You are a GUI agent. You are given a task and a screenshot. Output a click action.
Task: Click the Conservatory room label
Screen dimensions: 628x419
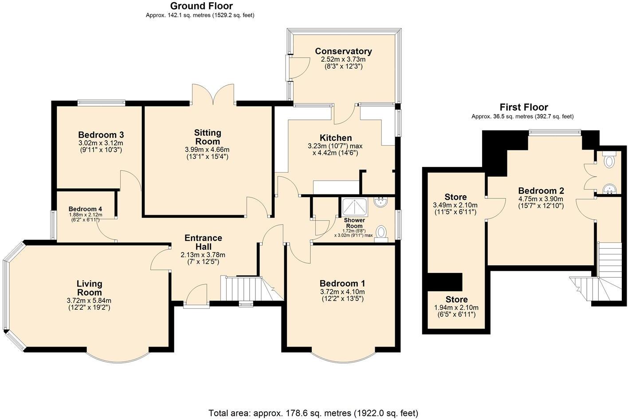coord(343,51)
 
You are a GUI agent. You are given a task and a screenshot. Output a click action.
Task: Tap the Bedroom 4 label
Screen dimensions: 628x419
coord(85,209)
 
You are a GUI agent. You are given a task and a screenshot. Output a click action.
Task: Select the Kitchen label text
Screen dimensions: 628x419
coord(336,138)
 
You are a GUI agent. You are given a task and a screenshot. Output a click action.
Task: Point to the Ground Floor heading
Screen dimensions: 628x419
coord(201,6)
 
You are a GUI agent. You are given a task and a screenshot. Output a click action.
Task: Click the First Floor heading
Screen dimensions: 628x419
coord(524,107)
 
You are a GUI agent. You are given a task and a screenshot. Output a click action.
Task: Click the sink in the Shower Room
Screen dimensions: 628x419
coord(381,202)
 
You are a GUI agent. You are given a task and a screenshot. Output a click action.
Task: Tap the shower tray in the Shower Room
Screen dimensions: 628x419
coord(354,207)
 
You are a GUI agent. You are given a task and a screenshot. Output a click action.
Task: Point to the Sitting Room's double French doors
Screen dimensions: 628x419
coord(213,94)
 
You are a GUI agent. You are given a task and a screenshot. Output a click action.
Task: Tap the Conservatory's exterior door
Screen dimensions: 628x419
coord(298,68)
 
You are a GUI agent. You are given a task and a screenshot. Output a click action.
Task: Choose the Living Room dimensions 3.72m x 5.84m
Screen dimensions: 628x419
coord(89,300)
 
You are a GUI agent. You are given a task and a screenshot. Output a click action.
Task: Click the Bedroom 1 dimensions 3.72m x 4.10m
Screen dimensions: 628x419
coord(342,292)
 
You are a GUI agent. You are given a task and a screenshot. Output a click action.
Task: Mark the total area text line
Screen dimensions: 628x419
coord(314,413)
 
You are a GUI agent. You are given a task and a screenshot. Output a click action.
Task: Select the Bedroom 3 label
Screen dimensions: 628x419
coord(101,134)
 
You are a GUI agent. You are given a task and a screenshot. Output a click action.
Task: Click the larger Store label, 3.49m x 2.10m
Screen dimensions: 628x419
coord(455,197)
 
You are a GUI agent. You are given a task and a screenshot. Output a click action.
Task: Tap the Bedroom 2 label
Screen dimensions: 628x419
coord(541,190)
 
